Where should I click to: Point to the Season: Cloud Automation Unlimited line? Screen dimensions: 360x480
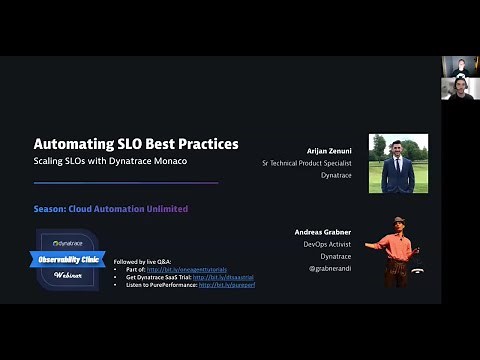tap(110, 209)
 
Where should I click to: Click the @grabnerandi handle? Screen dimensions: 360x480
tap(329, 268)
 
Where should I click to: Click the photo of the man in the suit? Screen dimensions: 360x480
tap(398, 163)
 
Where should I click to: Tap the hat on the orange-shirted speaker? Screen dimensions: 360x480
tap(398, 221)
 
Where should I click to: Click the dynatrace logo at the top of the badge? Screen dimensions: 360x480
tap(68, 242)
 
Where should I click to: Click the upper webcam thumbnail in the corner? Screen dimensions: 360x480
tap(460, 66)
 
